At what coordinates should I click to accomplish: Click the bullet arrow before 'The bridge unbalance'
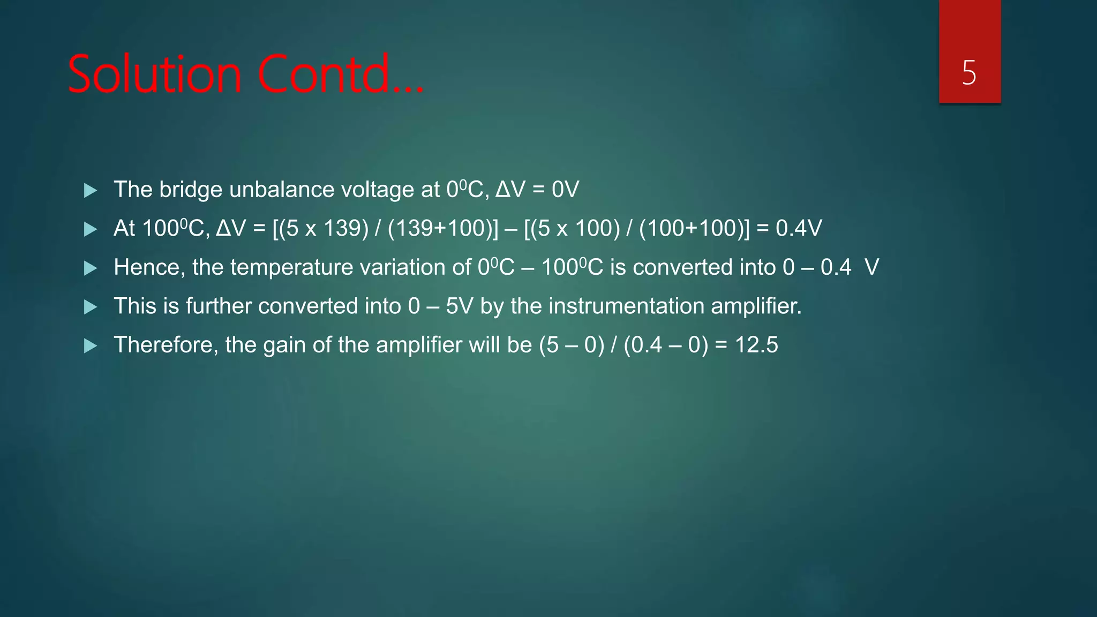point(91,190)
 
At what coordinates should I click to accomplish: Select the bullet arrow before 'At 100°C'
point(91,229)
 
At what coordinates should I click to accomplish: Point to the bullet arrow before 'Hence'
point(91,268)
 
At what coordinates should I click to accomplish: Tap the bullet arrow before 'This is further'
point(91,307)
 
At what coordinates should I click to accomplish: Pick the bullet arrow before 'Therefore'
point(91,345)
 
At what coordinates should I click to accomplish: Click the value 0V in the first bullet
point(566,190)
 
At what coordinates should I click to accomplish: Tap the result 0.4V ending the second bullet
point(799,229)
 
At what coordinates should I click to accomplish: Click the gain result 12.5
point(756,345)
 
